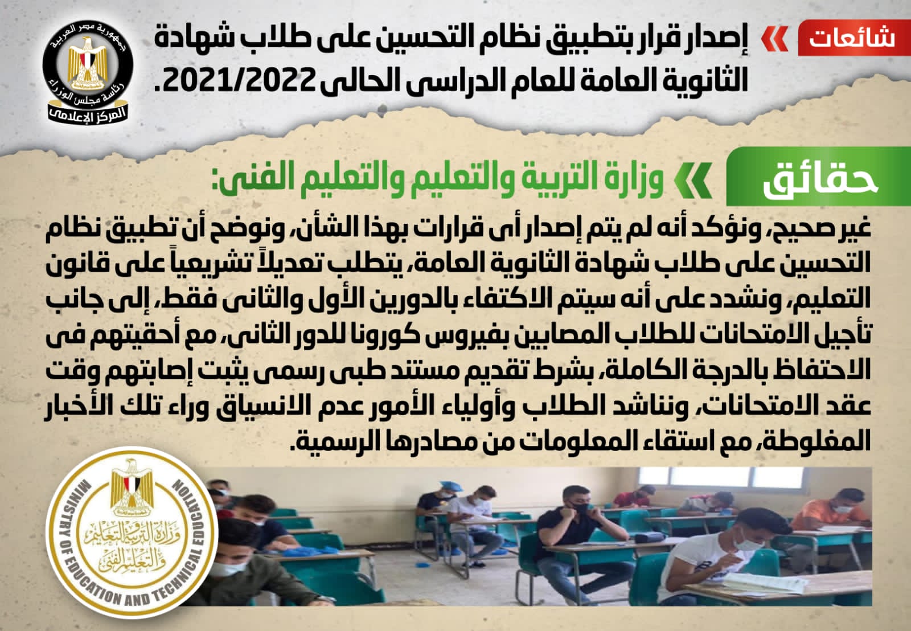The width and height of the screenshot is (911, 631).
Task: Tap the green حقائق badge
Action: coord(818,177)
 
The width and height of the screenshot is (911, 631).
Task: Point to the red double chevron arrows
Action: coord(774,39)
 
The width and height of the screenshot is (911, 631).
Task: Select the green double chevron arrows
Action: coord(692,179)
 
